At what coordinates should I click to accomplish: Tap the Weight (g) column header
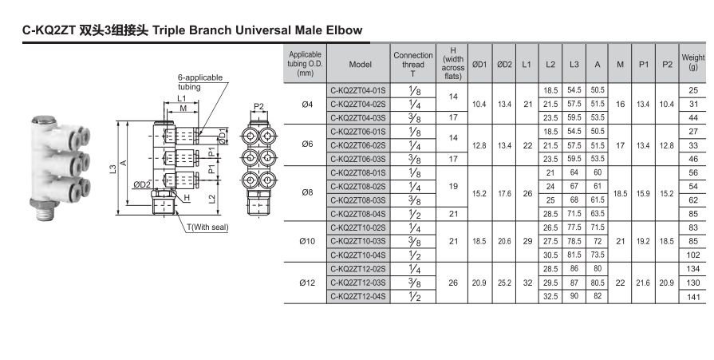click(692, 62)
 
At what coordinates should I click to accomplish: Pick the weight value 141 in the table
click(692, 297)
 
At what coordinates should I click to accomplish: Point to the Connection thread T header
click(413, 62)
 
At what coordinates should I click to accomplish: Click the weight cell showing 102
click(692, 255)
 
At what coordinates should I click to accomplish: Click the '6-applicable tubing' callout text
click(199, 82)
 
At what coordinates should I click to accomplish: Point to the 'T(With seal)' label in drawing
click(208, 227)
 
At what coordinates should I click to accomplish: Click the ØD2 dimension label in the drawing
click(143, 184)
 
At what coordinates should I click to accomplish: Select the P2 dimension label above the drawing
click(258, 106)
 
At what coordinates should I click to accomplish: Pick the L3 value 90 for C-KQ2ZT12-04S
click(574, 297)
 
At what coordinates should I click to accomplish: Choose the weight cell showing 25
click(692, 90)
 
